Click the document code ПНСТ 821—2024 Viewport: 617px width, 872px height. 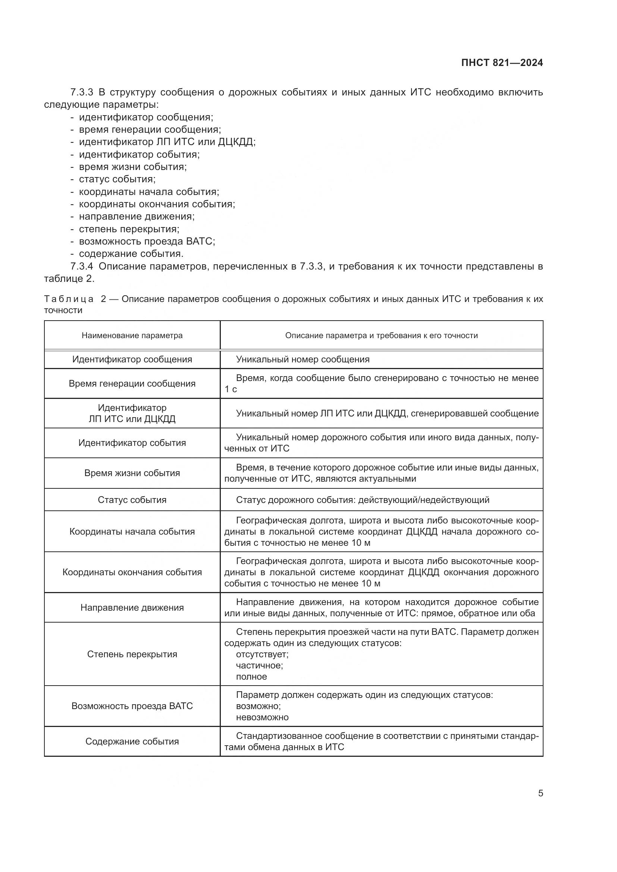502,63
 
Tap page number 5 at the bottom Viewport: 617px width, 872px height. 540,793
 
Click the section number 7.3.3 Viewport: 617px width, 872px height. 82,92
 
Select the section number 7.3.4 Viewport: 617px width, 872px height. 82,266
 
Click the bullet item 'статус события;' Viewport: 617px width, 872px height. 117,179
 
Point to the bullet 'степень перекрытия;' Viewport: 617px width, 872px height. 129,229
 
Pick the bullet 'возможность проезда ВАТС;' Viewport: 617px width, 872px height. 147,242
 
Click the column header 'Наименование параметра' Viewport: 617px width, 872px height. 132,336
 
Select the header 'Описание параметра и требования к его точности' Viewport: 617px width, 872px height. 381,336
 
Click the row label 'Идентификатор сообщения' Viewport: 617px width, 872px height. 132,359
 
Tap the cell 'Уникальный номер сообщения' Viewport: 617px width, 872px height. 303,359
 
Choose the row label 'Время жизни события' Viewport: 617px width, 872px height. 132,473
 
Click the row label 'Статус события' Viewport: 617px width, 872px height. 132,500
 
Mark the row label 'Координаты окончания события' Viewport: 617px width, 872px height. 132,572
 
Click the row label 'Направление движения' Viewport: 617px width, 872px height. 132,608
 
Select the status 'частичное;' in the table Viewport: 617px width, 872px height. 259,665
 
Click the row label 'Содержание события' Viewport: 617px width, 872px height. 132,742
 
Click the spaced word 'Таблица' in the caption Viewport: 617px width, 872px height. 69,299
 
